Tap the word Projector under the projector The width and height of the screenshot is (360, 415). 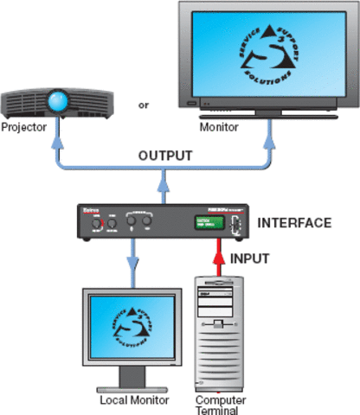[x=24, y=127]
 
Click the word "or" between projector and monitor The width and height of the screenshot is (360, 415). [x=143, y=106]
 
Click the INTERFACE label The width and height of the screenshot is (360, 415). [x=296, y=223]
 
